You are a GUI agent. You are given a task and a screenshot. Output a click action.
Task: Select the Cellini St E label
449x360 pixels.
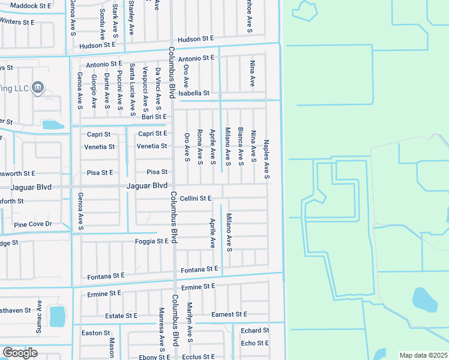[x=196, y=198]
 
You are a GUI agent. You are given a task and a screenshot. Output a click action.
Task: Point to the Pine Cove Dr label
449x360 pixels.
[x=33, y=224]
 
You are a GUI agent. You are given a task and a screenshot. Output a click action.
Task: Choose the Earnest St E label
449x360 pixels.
[x=229, y=314]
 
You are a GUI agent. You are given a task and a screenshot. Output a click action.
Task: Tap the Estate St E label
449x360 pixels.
[x=121, y=316]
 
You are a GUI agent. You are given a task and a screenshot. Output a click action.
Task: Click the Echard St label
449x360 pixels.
[x=255, y=331]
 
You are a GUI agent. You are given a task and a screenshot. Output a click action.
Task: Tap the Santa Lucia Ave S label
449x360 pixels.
[x=132, y=88]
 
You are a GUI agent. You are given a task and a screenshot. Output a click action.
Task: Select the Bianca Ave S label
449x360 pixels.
[x=240, y=146]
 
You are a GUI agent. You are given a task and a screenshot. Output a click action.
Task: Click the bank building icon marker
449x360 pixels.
[x=38, y=88]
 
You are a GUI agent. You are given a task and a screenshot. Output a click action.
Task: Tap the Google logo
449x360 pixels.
[x=20, y=353]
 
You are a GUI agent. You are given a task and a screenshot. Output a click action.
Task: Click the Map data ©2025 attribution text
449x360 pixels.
[x=423, y=355]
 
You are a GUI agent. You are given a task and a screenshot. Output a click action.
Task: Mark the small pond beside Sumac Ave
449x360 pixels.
[x=57, y=316]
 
